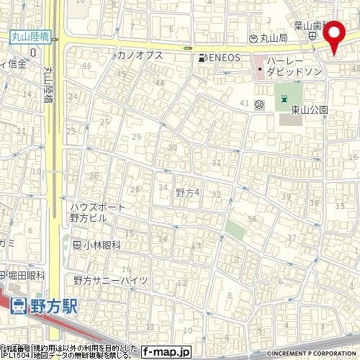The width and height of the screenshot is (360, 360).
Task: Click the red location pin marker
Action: click(x=334, y=36)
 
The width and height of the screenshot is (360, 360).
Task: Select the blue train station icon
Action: click(x=19, y=305)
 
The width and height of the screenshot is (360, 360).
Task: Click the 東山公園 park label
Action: click(x=310, y=110)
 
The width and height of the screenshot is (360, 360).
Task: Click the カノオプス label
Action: click(x=140, y=55)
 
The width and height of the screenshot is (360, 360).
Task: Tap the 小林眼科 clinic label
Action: click(x=100, y=245)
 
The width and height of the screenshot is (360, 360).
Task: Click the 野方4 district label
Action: click(x=186, y=192)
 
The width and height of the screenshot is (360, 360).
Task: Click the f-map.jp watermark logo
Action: click(x=166, y=353)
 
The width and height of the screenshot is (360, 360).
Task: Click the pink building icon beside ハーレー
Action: click(x=259, y=71)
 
